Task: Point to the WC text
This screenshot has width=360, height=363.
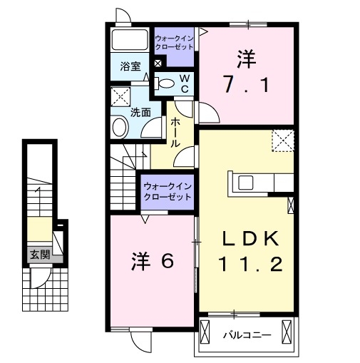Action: (184, 83)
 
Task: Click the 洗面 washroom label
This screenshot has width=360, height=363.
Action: (140, 112)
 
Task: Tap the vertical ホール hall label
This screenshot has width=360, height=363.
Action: (175, 133)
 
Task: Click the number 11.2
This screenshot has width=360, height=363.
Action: (247, 265)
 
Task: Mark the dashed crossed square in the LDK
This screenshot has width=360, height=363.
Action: (283, 140)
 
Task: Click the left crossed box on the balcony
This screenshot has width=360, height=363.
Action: (207, 332)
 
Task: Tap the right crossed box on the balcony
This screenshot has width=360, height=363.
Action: (287, 332)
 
